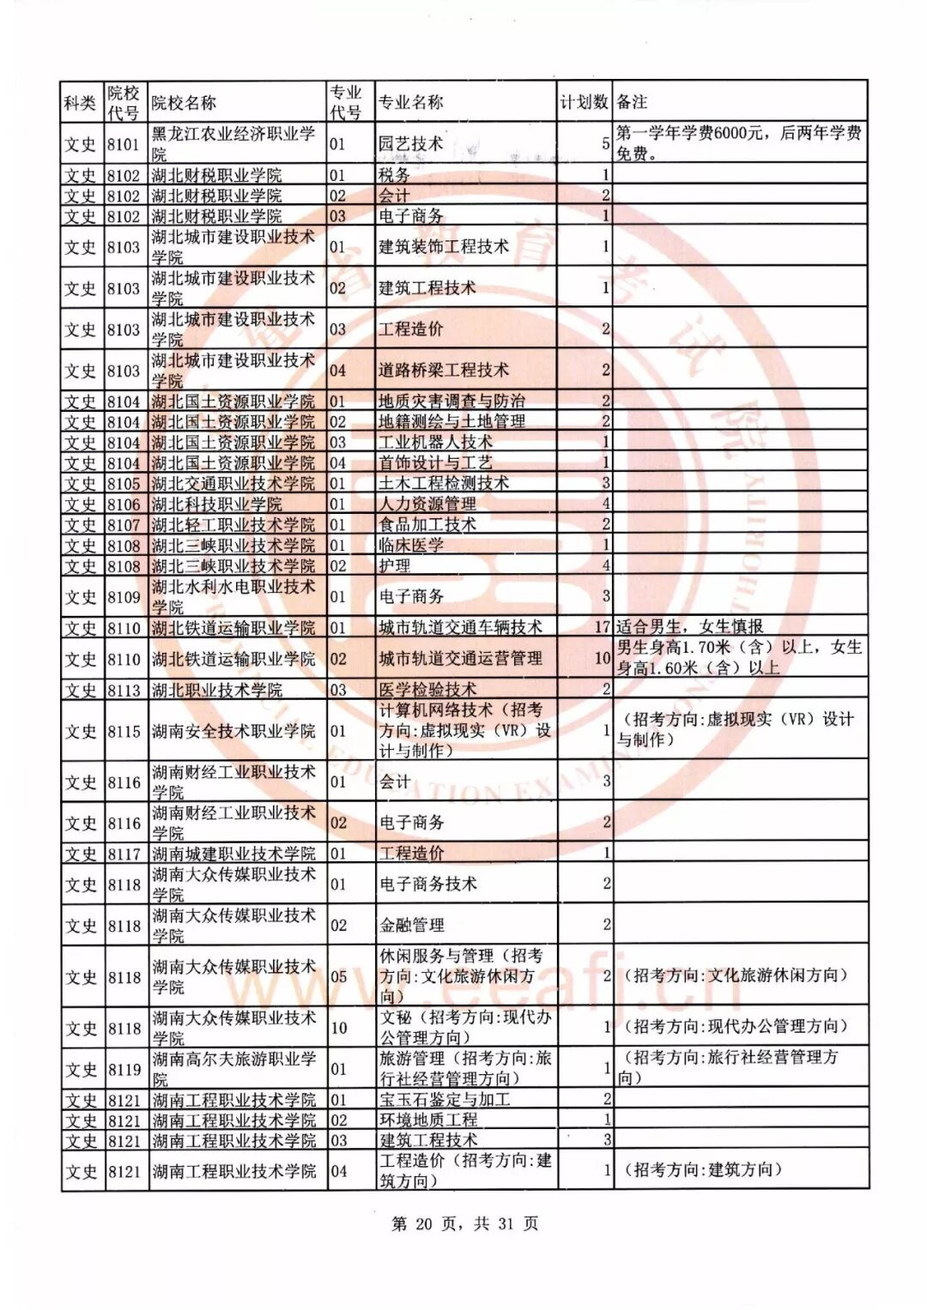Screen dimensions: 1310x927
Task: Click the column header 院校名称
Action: point(184,103)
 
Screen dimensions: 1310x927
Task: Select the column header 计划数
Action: point(585,102)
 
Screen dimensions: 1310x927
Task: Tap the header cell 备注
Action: point(633,102)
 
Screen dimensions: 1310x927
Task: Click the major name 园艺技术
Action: point(411,144)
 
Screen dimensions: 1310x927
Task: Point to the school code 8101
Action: point(124,144)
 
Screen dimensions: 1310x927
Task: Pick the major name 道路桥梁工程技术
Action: point(444,371)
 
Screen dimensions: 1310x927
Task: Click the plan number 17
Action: point(602,628)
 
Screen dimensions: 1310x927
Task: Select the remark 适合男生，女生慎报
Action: point(690,627)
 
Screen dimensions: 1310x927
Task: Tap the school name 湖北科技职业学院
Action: point(217,504)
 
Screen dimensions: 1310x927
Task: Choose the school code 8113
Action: point(124,690)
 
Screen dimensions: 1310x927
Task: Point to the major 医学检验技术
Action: point(427,690)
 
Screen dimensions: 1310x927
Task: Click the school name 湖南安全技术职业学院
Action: point(233,731)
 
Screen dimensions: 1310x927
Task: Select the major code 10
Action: point(338,1027)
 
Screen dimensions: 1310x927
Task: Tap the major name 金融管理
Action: point(412,925)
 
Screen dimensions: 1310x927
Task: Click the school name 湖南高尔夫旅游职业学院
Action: point(233,1069)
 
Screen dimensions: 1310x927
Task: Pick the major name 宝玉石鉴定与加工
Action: point(445,1100)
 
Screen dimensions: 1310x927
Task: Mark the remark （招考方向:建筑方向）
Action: point(703,1170)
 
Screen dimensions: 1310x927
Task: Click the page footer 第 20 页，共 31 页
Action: point(464,1224)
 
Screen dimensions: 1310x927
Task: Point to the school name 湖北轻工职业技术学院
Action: point(233,525)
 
